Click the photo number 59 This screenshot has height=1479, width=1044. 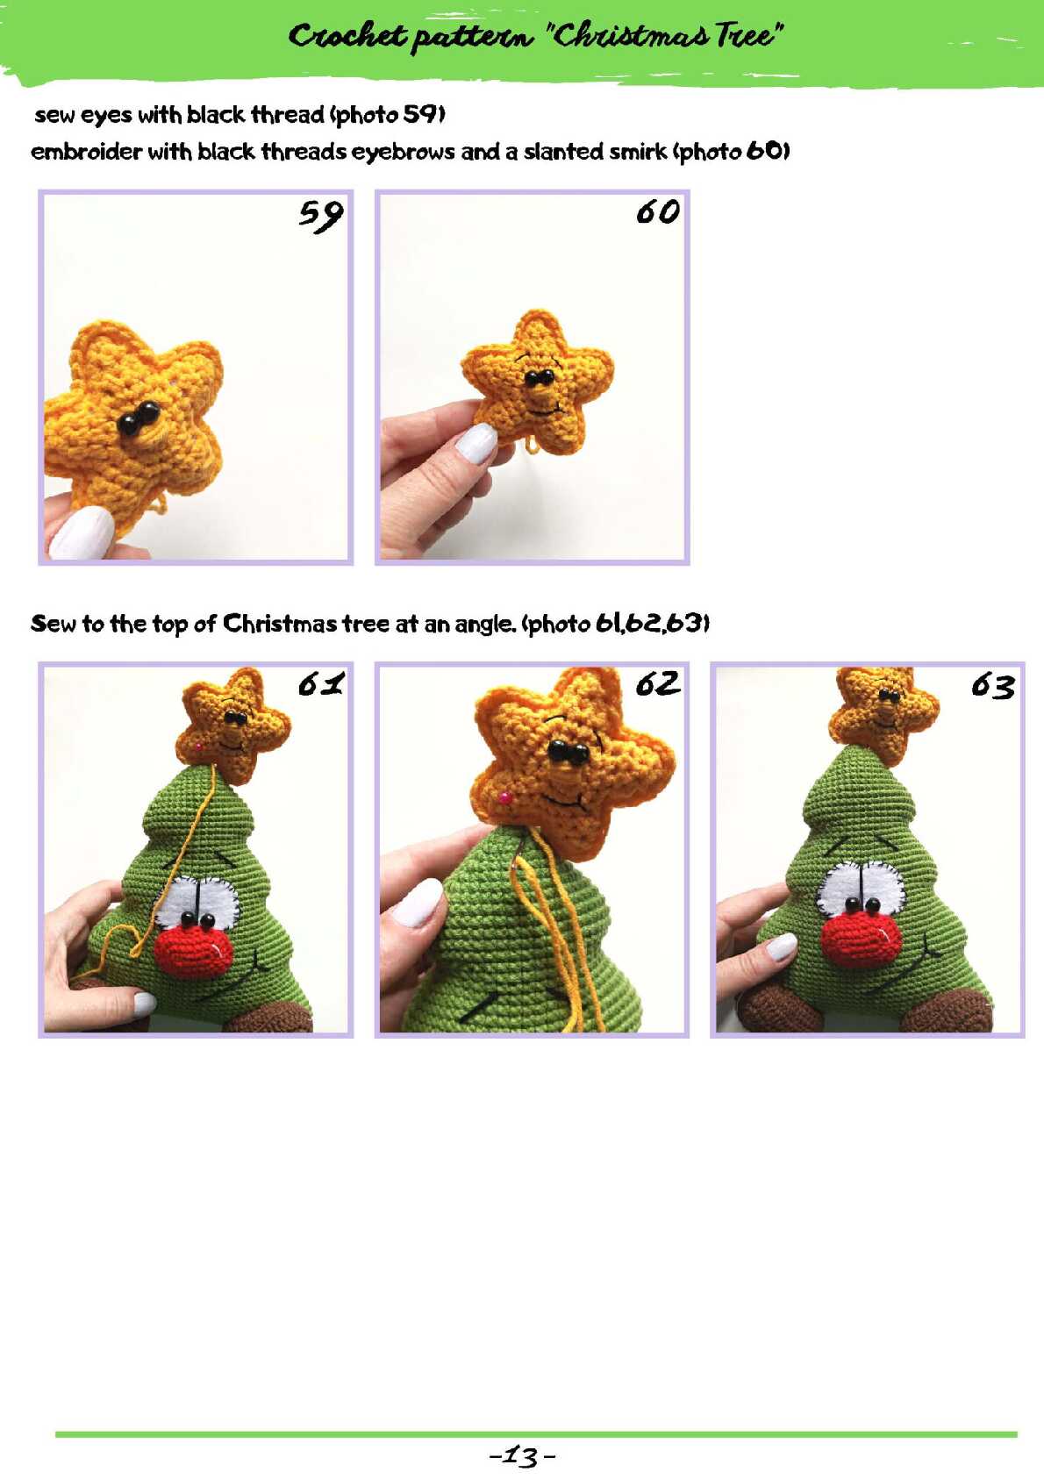click(321, 215)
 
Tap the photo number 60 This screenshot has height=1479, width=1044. click(658, 212)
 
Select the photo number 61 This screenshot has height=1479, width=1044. click(321, 684)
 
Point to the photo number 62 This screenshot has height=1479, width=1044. click(658, 684)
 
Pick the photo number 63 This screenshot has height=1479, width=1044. click(992, 687)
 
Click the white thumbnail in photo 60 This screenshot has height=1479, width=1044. click(476, 443)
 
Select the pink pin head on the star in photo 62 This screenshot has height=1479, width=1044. click(505, 797)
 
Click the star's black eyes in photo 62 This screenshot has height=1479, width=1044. click(568, 752)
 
